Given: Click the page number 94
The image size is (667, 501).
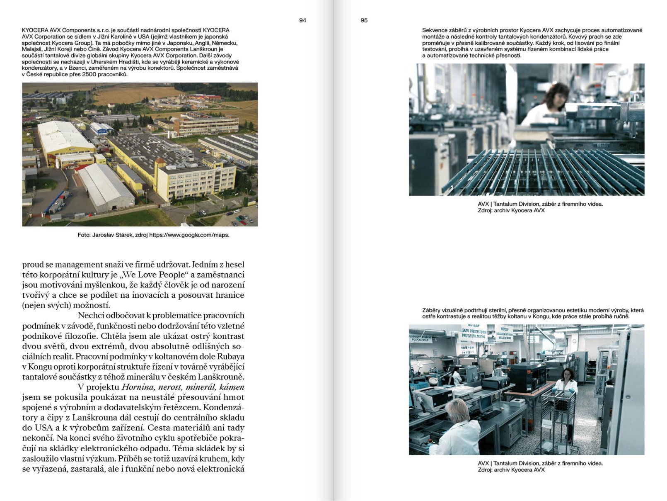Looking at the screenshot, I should (x=302, y=20).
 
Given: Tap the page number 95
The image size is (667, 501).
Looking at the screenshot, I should (x=364, y=20).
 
